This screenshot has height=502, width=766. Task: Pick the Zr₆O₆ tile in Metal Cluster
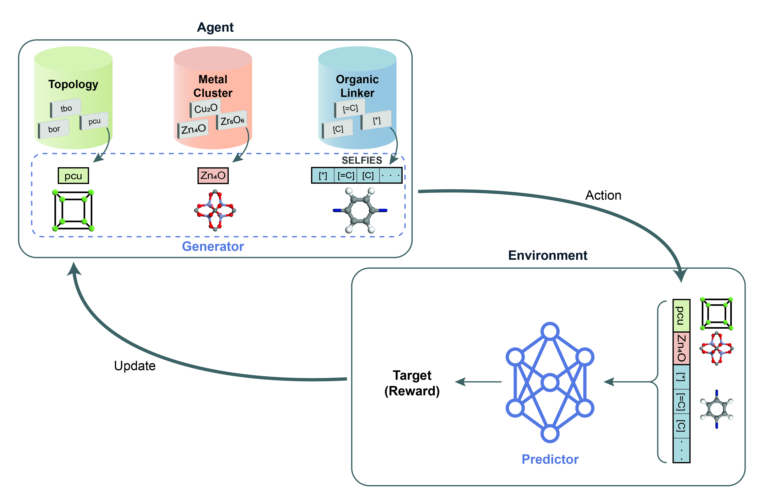click(x=232, y=121)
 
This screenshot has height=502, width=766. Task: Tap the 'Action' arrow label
click(x=603, y=196)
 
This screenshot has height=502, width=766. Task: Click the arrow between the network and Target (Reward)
click(x=478, y=382)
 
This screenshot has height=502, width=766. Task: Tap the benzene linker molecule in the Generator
click(x=360, y=211)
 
